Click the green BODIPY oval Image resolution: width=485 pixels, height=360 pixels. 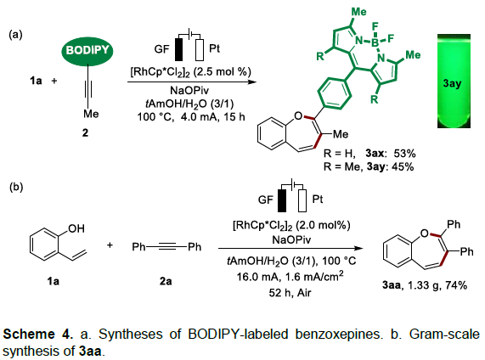tap(87, 50)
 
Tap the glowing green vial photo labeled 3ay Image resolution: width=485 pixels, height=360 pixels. tap(454, 81)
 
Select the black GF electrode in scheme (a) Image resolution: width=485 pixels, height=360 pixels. tap(178, 49)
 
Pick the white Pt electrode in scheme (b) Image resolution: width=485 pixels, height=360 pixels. tap(302, 200)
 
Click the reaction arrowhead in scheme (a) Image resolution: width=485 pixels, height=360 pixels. tap(252, 82)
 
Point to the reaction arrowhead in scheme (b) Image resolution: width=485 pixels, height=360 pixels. tap(358, 248)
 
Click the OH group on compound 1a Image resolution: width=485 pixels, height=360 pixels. tap(76, 228)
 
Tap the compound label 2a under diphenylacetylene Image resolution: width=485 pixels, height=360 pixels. tap(166, 281)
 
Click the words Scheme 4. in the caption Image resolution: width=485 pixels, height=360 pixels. tap(38, 335)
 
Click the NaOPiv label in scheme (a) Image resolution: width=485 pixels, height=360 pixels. tap(189, 91)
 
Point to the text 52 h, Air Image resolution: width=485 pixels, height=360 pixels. tap(290, 293)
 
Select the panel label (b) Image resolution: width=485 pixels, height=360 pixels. tap(16, 187)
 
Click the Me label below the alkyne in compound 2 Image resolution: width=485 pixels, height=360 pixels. tap(91, 114)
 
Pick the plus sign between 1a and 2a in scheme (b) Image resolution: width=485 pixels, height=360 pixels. tap(110, 245)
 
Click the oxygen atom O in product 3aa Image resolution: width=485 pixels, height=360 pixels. tap(425, 233)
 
